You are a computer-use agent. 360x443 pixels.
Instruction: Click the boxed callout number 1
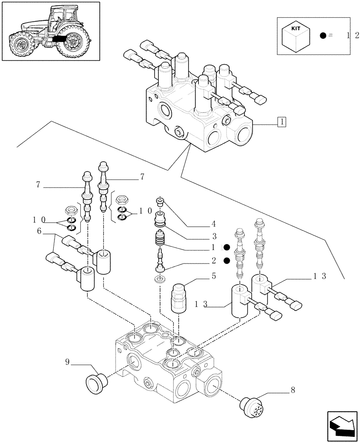pyautogui.click(x=281, y=121)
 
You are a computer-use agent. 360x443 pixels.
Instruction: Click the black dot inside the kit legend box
pyautogui.click(x=323, y=35)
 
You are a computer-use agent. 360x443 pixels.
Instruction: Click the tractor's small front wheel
pyautogui.click(x=21, y=44)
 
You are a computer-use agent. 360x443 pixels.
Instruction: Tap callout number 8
pyautogui.click(x=293, y=390)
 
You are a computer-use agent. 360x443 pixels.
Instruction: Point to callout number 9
pyautogui.click(x=67, y=362)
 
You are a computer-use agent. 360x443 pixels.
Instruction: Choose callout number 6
pyautogui.click(x=39, y=231)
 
